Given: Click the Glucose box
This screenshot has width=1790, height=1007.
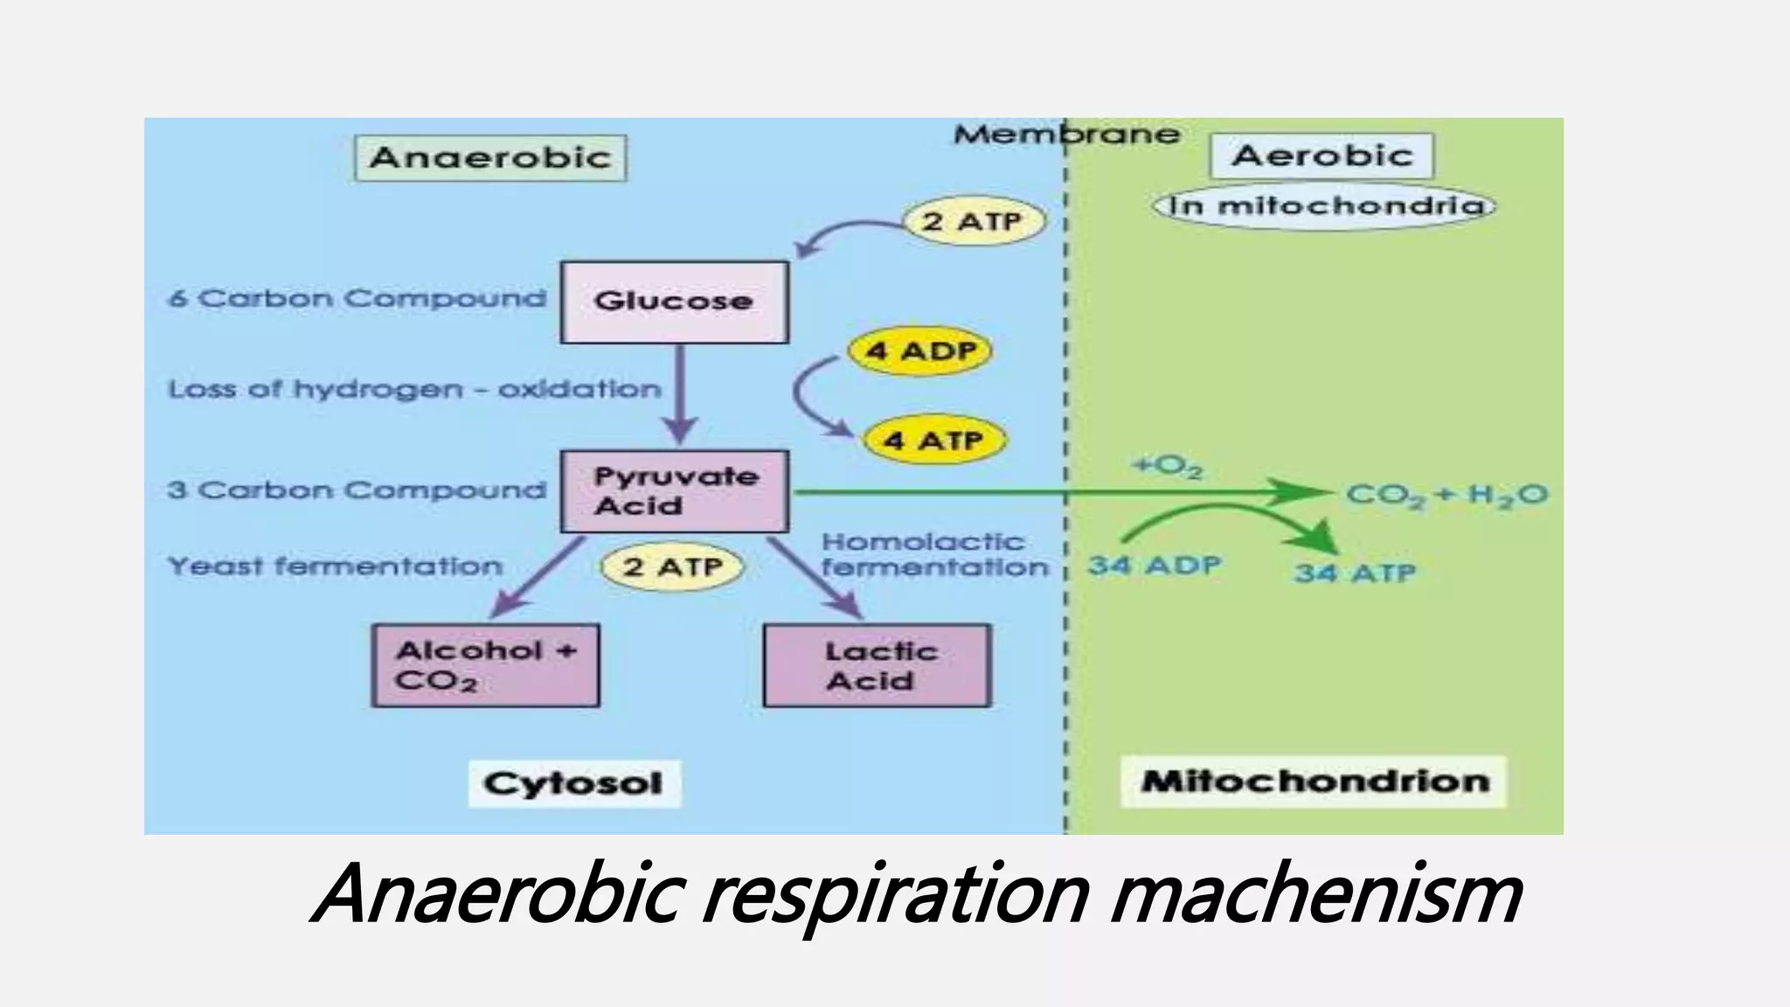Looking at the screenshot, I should coord(674,302).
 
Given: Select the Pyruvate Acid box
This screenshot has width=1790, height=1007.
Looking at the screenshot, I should coord(674,491).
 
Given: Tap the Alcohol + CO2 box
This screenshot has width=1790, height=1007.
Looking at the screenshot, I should coord(485,665).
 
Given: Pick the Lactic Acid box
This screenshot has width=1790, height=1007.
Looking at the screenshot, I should coord(877,665).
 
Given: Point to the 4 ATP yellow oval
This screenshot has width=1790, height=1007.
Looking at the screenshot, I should coord(933,440).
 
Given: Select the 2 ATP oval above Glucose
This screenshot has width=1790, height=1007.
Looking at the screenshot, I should coord(973,221).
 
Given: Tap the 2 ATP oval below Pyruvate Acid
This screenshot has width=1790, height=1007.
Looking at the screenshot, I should coord(672,566).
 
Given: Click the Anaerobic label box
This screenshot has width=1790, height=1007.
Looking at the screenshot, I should coord(490,158).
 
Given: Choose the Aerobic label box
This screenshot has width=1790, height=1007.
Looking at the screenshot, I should coord(1322,156).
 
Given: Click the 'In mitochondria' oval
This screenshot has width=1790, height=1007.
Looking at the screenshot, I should coord(1324,206).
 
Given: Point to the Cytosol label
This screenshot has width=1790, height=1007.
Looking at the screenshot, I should coord(573,783).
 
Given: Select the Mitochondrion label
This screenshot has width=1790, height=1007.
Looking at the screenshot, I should coord(1314,781).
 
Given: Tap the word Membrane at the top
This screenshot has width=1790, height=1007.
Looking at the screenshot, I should coord(1066,135).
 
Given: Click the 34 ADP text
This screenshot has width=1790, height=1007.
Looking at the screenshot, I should coord(1154,566).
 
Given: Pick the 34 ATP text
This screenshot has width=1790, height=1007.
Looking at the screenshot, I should coord(1355,573).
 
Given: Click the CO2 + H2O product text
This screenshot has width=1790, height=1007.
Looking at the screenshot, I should coord(1447,495).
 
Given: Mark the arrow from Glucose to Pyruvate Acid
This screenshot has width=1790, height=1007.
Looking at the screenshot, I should coord(681,393).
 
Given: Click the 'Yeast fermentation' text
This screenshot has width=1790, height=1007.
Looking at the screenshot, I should coord(335,566).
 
